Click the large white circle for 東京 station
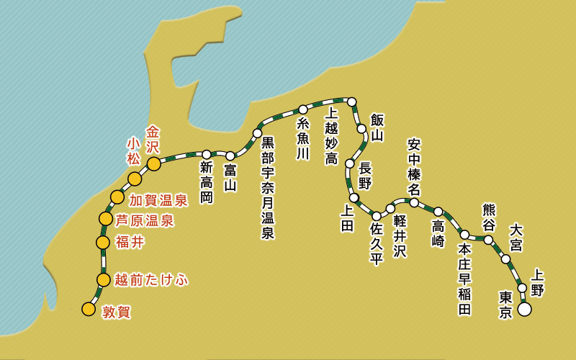click(x=524, y=309)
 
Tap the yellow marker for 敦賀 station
click(x=89, y=309)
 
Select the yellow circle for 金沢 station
click(x=153, y=164)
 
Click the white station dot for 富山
click(x=230, y=156)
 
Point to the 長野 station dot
click(x=350, y=163)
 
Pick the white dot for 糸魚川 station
click(x=303, y=109)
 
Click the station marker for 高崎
click(x=438, y=212)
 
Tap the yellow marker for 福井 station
click(x=103, y=243)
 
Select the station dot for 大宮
click(x=505, y=259)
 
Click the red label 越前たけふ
click(x=150, y=280)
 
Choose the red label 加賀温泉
click(x=158, y=200)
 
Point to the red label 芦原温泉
click(x=145, y=221)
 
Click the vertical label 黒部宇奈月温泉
click(x=268, y=188)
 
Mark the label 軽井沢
click(x=400, y=236)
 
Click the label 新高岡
click(x=207, y=182)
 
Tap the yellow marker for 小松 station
click(x=135, y=179)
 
